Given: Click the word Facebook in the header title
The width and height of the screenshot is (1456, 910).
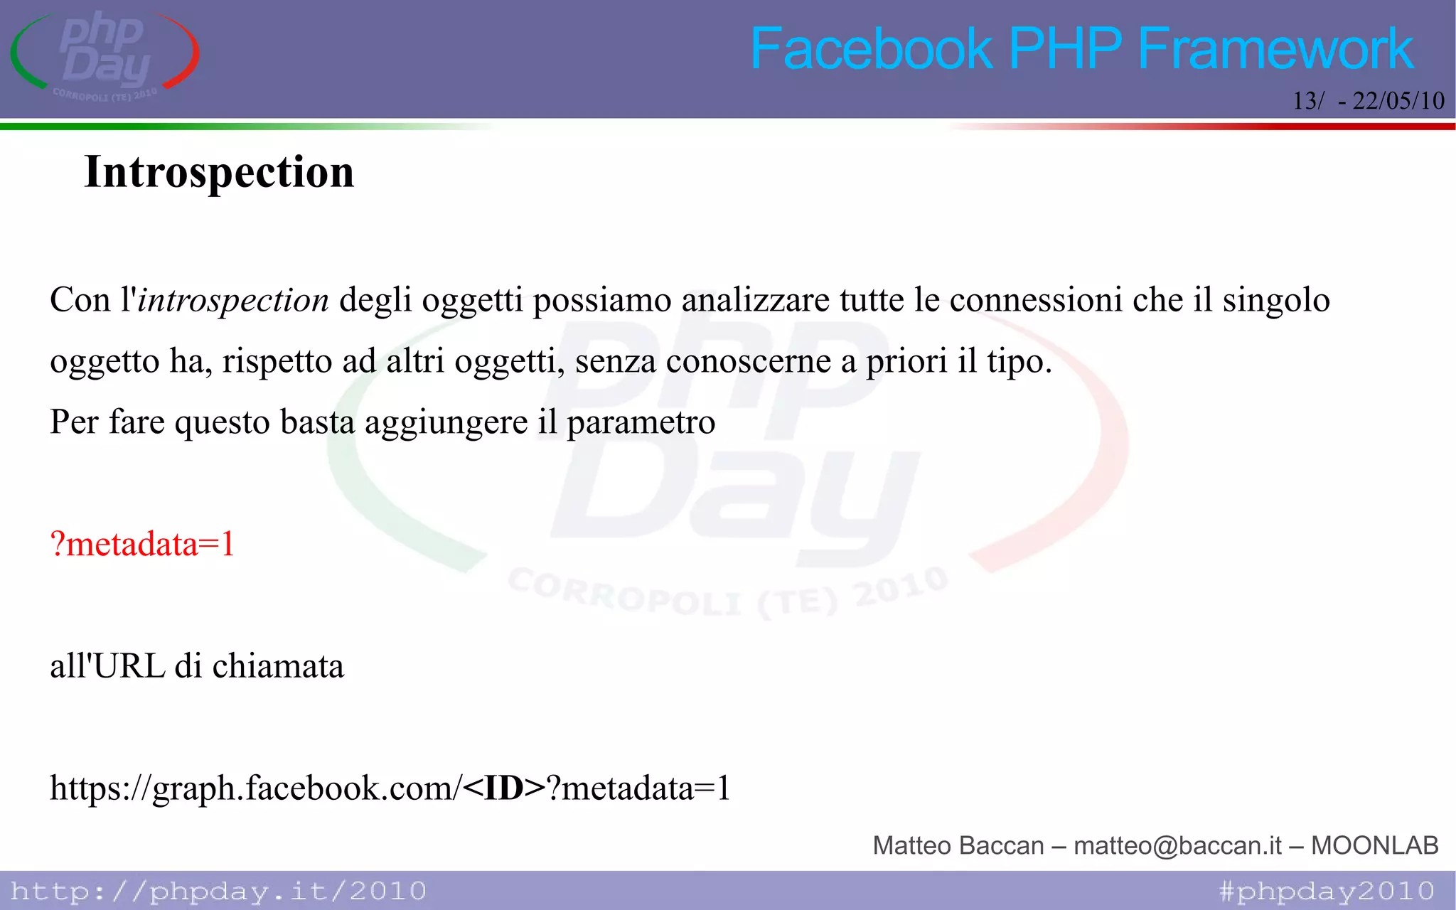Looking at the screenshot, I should coord(871,49).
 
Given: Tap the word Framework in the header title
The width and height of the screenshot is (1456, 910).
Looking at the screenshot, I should coord(1275,49).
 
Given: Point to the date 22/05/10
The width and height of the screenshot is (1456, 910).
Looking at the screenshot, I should coord(1398,101).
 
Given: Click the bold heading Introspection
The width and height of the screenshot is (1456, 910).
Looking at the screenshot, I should coord(219,172).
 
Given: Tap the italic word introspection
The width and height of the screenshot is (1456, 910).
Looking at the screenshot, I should coord(232,300).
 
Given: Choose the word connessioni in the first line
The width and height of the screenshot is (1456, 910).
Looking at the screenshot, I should coord(1035,300).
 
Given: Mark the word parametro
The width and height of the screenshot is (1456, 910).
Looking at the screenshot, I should coord(641,422).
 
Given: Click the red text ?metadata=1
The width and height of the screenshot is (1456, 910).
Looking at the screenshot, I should coord(142,545).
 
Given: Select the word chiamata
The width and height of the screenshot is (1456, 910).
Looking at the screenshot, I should coord(278,667).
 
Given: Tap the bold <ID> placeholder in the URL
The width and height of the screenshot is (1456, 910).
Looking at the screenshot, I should coord(503,788).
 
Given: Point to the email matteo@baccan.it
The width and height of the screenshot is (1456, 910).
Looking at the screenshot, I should coord(1177,845).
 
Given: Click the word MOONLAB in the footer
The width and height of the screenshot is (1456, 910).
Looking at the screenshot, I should coord(1374,845).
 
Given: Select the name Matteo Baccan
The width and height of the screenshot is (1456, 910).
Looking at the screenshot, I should coord(958,845).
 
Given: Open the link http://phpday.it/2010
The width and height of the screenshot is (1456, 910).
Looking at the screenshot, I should coord(218,891).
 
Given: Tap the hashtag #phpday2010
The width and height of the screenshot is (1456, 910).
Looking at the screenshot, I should coord(1327,891).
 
